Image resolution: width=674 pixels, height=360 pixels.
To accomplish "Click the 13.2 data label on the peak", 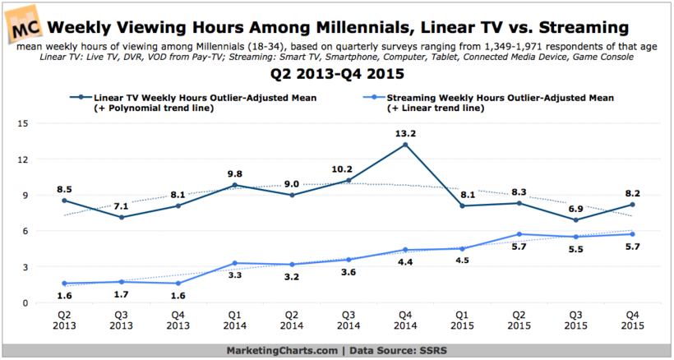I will point(405,132).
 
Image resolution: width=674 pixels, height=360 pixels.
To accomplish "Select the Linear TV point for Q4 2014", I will point(405,145).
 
